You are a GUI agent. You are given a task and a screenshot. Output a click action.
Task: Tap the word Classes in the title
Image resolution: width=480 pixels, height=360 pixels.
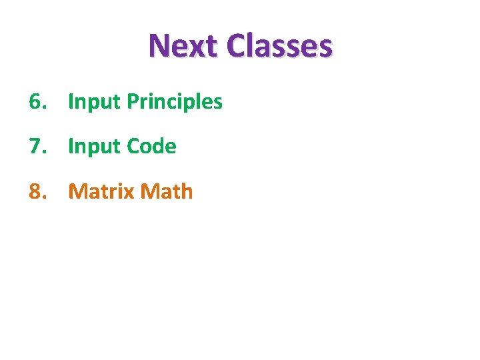pyautogui.click(x=279, y=47)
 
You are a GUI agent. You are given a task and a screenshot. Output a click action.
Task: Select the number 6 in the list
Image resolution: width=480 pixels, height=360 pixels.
pyautogui.click(x=35, y=102)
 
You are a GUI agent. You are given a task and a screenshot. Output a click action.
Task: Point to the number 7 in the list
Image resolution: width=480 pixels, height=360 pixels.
pyautogui.click(x=35, y=147)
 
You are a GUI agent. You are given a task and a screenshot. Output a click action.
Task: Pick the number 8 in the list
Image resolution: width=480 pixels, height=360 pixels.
pyautogui.click(x=35, y=192)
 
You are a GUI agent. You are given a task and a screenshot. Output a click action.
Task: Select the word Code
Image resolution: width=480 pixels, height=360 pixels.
pyautogui.click(x=151, y=147)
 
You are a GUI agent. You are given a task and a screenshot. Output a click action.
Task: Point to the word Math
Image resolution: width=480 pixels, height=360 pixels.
pyautogui.click(x=168, y=192)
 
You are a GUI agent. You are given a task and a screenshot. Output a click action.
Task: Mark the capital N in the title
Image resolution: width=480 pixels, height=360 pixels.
pyautogui.click(x=159, y=47)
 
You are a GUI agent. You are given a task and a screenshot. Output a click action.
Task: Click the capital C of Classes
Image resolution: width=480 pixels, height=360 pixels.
pyautogui.click(x=236, y=47)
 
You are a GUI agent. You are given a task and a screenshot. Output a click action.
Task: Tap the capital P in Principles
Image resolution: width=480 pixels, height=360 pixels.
pyautogui.click(x=132, y=102)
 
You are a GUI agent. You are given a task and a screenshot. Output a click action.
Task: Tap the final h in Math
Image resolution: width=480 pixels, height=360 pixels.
pyautogui.click(x=187, y=192)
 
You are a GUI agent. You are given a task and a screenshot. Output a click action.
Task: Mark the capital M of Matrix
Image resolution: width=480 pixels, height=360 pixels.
pyautogui.click(x=78, y=192)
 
